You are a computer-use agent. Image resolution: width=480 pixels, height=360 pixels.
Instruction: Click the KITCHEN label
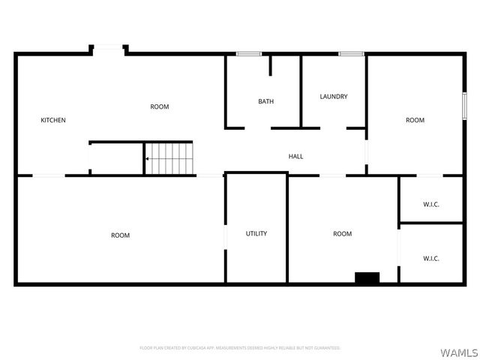click(x=53, y=120)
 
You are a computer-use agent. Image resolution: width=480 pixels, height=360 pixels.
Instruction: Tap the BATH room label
click(x=265, y=101)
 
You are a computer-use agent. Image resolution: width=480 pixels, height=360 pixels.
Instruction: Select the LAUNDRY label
click(x=333, y=96)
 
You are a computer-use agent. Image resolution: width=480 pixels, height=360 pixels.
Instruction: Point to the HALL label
click(x=296, y=156)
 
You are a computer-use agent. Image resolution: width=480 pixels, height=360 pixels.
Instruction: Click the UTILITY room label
click(x=256, y=233)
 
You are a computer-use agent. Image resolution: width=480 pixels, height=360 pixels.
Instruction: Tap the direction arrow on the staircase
click(x=148, y=159)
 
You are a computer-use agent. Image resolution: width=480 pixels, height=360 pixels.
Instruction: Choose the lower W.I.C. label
click(x=431, y=259)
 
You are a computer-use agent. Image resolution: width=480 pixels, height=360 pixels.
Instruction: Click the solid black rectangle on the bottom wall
click(x=367, y=277)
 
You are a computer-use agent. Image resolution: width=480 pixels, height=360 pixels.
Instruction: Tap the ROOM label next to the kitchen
click(x=160, y=106)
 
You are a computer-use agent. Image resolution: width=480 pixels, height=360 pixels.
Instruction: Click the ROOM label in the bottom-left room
click(x=120, y=235)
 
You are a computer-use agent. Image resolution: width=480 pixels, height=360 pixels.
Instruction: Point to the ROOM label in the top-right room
click(x=415, y=120)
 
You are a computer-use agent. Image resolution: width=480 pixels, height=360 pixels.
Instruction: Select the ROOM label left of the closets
click(x=342, y=234)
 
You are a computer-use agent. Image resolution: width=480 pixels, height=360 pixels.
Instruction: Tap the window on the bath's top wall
click(x=249, y=53)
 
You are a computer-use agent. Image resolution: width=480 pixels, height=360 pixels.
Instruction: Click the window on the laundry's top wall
click(x=351, y=53)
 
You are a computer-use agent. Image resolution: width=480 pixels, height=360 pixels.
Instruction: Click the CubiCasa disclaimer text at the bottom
click(x=240, y=348)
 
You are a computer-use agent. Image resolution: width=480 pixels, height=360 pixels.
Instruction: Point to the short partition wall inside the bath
click(x=271, y=64)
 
